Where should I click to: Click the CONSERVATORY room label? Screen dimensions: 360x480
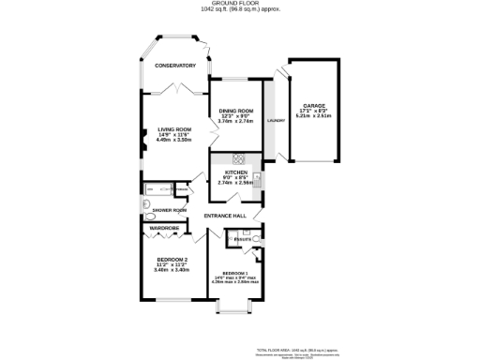tap(174, 66)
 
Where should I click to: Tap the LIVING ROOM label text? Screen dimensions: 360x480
tap(174, 129)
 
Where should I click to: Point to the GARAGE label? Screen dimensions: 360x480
tap(313, 105)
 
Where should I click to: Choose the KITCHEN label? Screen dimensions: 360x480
tap(234, 172)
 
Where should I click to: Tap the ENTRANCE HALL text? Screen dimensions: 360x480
tap(225, 217)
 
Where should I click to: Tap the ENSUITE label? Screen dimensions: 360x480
tap(242, 240)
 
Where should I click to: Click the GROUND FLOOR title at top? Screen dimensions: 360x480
tap(240, 4)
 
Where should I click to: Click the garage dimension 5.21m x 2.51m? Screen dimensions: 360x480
tap(313, 118)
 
